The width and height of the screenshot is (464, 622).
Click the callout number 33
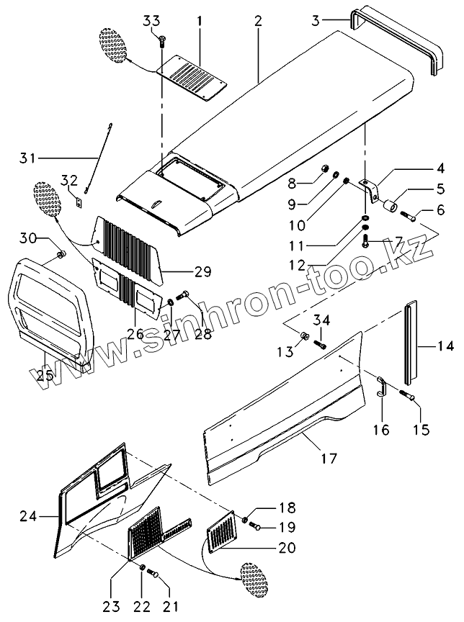(x=151, y=20)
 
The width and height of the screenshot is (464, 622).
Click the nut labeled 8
(x=326, y=171)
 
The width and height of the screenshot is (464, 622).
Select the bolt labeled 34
(x=321, y=345)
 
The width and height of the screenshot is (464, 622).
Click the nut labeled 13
(x=304, y=335)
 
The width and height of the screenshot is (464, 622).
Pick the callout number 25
(x=45, y=375)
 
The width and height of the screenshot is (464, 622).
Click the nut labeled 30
(x=61, y=254)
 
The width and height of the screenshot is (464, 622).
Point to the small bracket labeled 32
(x=79, y=203)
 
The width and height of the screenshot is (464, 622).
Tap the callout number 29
(x=202, y=271)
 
